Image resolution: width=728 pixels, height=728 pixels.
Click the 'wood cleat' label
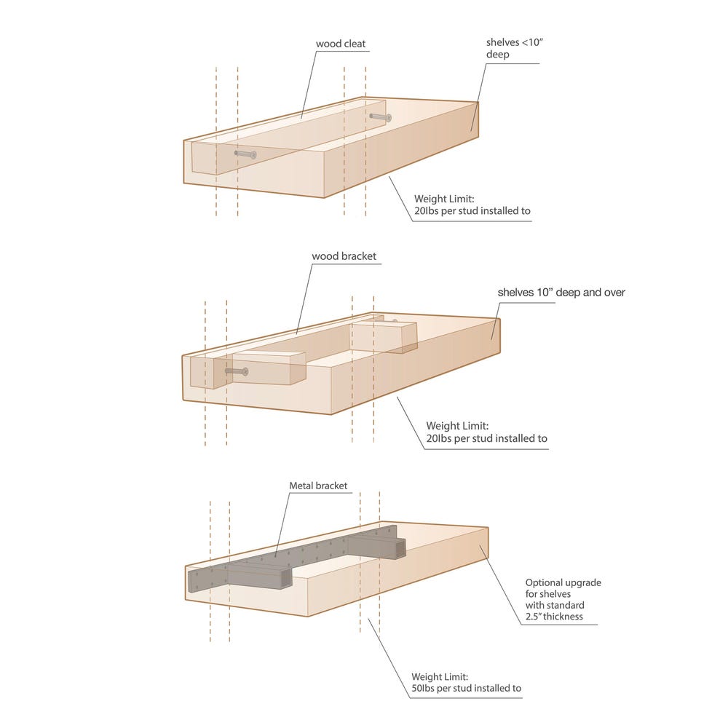click(x=340, y=44)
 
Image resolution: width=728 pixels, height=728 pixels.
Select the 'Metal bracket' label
click(x=318, y=486)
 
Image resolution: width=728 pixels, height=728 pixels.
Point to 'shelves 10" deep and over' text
click(x=561, y=293)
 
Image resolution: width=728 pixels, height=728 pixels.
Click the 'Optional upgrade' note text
click(x=563, y=582)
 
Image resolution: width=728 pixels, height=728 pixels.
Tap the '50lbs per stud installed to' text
click(x=466, y=688)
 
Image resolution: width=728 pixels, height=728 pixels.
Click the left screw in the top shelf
click(x=245, y=154)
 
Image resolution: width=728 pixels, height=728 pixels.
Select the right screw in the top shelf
click(x=380, y=116)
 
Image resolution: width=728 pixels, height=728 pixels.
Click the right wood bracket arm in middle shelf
click(x=384, y=336)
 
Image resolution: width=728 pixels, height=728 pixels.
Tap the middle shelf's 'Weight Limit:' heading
click(x=452, y=426)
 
